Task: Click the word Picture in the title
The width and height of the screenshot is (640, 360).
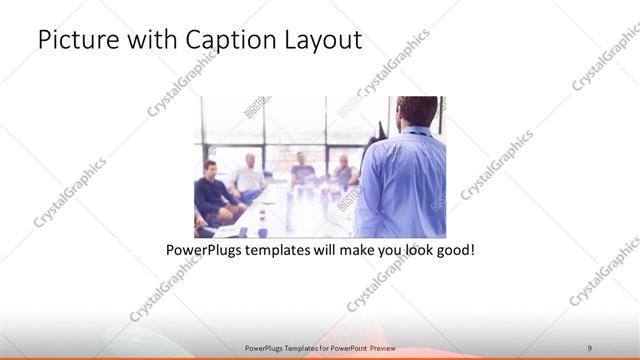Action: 73,41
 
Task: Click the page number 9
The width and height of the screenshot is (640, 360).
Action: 589,347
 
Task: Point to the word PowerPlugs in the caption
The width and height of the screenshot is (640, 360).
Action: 203,248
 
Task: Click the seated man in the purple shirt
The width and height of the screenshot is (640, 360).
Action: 301,169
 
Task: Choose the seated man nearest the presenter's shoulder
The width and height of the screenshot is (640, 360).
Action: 344,171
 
